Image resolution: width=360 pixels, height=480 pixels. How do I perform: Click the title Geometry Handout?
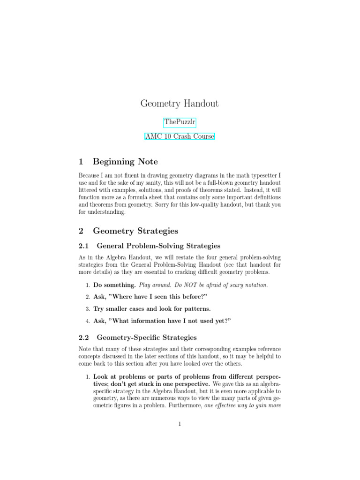180,104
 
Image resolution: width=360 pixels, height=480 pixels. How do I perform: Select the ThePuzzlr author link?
180,123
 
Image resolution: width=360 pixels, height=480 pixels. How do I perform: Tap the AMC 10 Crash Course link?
180,137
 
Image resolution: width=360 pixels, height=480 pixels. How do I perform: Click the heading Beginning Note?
125,162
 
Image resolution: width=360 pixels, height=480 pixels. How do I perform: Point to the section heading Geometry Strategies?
135,231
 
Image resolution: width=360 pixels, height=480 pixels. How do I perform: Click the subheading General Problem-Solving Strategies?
158,246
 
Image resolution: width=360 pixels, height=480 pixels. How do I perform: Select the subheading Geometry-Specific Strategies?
146,337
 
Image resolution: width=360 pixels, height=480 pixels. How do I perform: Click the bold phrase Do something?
114,285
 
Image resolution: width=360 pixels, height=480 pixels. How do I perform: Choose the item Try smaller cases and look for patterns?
152,309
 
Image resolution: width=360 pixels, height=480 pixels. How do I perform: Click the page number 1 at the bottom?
180,425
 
